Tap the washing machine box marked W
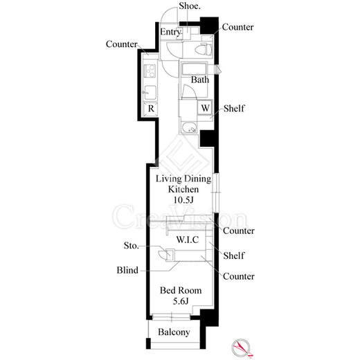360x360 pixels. [x=205, y=107]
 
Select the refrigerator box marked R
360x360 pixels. [x=151, y=108]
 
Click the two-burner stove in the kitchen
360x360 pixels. [x=150, y=71]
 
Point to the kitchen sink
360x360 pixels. [x=150, y=93]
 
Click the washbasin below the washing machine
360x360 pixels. [x=189, y=127]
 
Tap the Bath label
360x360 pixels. [x=200, y=80]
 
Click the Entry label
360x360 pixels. [x=170, y=32]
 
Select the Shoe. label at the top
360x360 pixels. [x=190, y=6]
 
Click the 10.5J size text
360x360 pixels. [x=183, y=200]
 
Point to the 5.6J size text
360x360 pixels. [x=181, y=301]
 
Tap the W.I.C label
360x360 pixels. [x=188, y=240]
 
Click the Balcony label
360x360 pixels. [x=174, y=332]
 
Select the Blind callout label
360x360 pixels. [x=127, y=270]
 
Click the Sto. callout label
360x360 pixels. [x=132, y=246]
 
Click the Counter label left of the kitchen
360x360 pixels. [x=122, y=44]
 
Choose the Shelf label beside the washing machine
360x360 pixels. [x=234, y=108]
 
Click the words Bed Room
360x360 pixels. [x=181, y=290]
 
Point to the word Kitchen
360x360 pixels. [x=183, y=189]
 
